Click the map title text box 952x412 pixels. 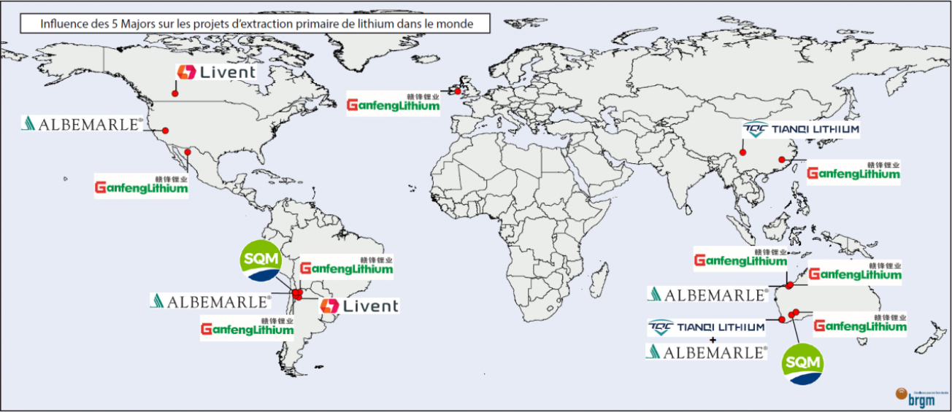[255, 24]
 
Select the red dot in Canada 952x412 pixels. [175, 93]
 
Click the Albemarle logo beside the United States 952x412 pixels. [82, 123]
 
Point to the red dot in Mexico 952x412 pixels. [188, 152]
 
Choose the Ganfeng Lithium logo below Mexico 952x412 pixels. [142, 186]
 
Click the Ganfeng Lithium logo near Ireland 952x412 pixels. [394, 104]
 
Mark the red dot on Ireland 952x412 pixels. [458, 90]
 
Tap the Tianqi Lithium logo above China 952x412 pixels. [801, 130]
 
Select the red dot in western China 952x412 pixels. [742, 152]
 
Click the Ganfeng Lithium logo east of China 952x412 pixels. [853, 173]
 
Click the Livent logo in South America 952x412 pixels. [360, 306]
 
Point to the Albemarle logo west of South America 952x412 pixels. [211, 300]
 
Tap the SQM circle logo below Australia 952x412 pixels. [802, 364]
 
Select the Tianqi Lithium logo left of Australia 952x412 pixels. [707, 327]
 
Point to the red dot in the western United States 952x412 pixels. [166, 131]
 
